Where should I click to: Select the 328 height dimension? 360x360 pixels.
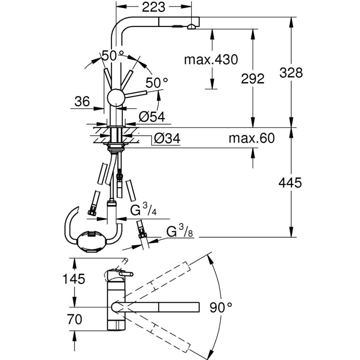coord(290,73)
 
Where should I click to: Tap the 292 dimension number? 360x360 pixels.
coord(252,79)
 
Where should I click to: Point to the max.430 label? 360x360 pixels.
coord(211,60)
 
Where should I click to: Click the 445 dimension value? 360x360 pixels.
coord(290,183)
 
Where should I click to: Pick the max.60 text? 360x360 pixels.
coord(251,139)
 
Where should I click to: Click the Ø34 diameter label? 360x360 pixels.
coord(166,139)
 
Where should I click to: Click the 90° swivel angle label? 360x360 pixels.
coord(220,307)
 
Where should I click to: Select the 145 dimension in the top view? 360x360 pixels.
coord(75,279)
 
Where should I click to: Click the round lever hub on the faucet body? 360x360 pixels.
coord(115,98)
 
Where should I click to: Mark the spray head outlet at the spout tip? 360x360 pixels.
coord(191,27)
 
